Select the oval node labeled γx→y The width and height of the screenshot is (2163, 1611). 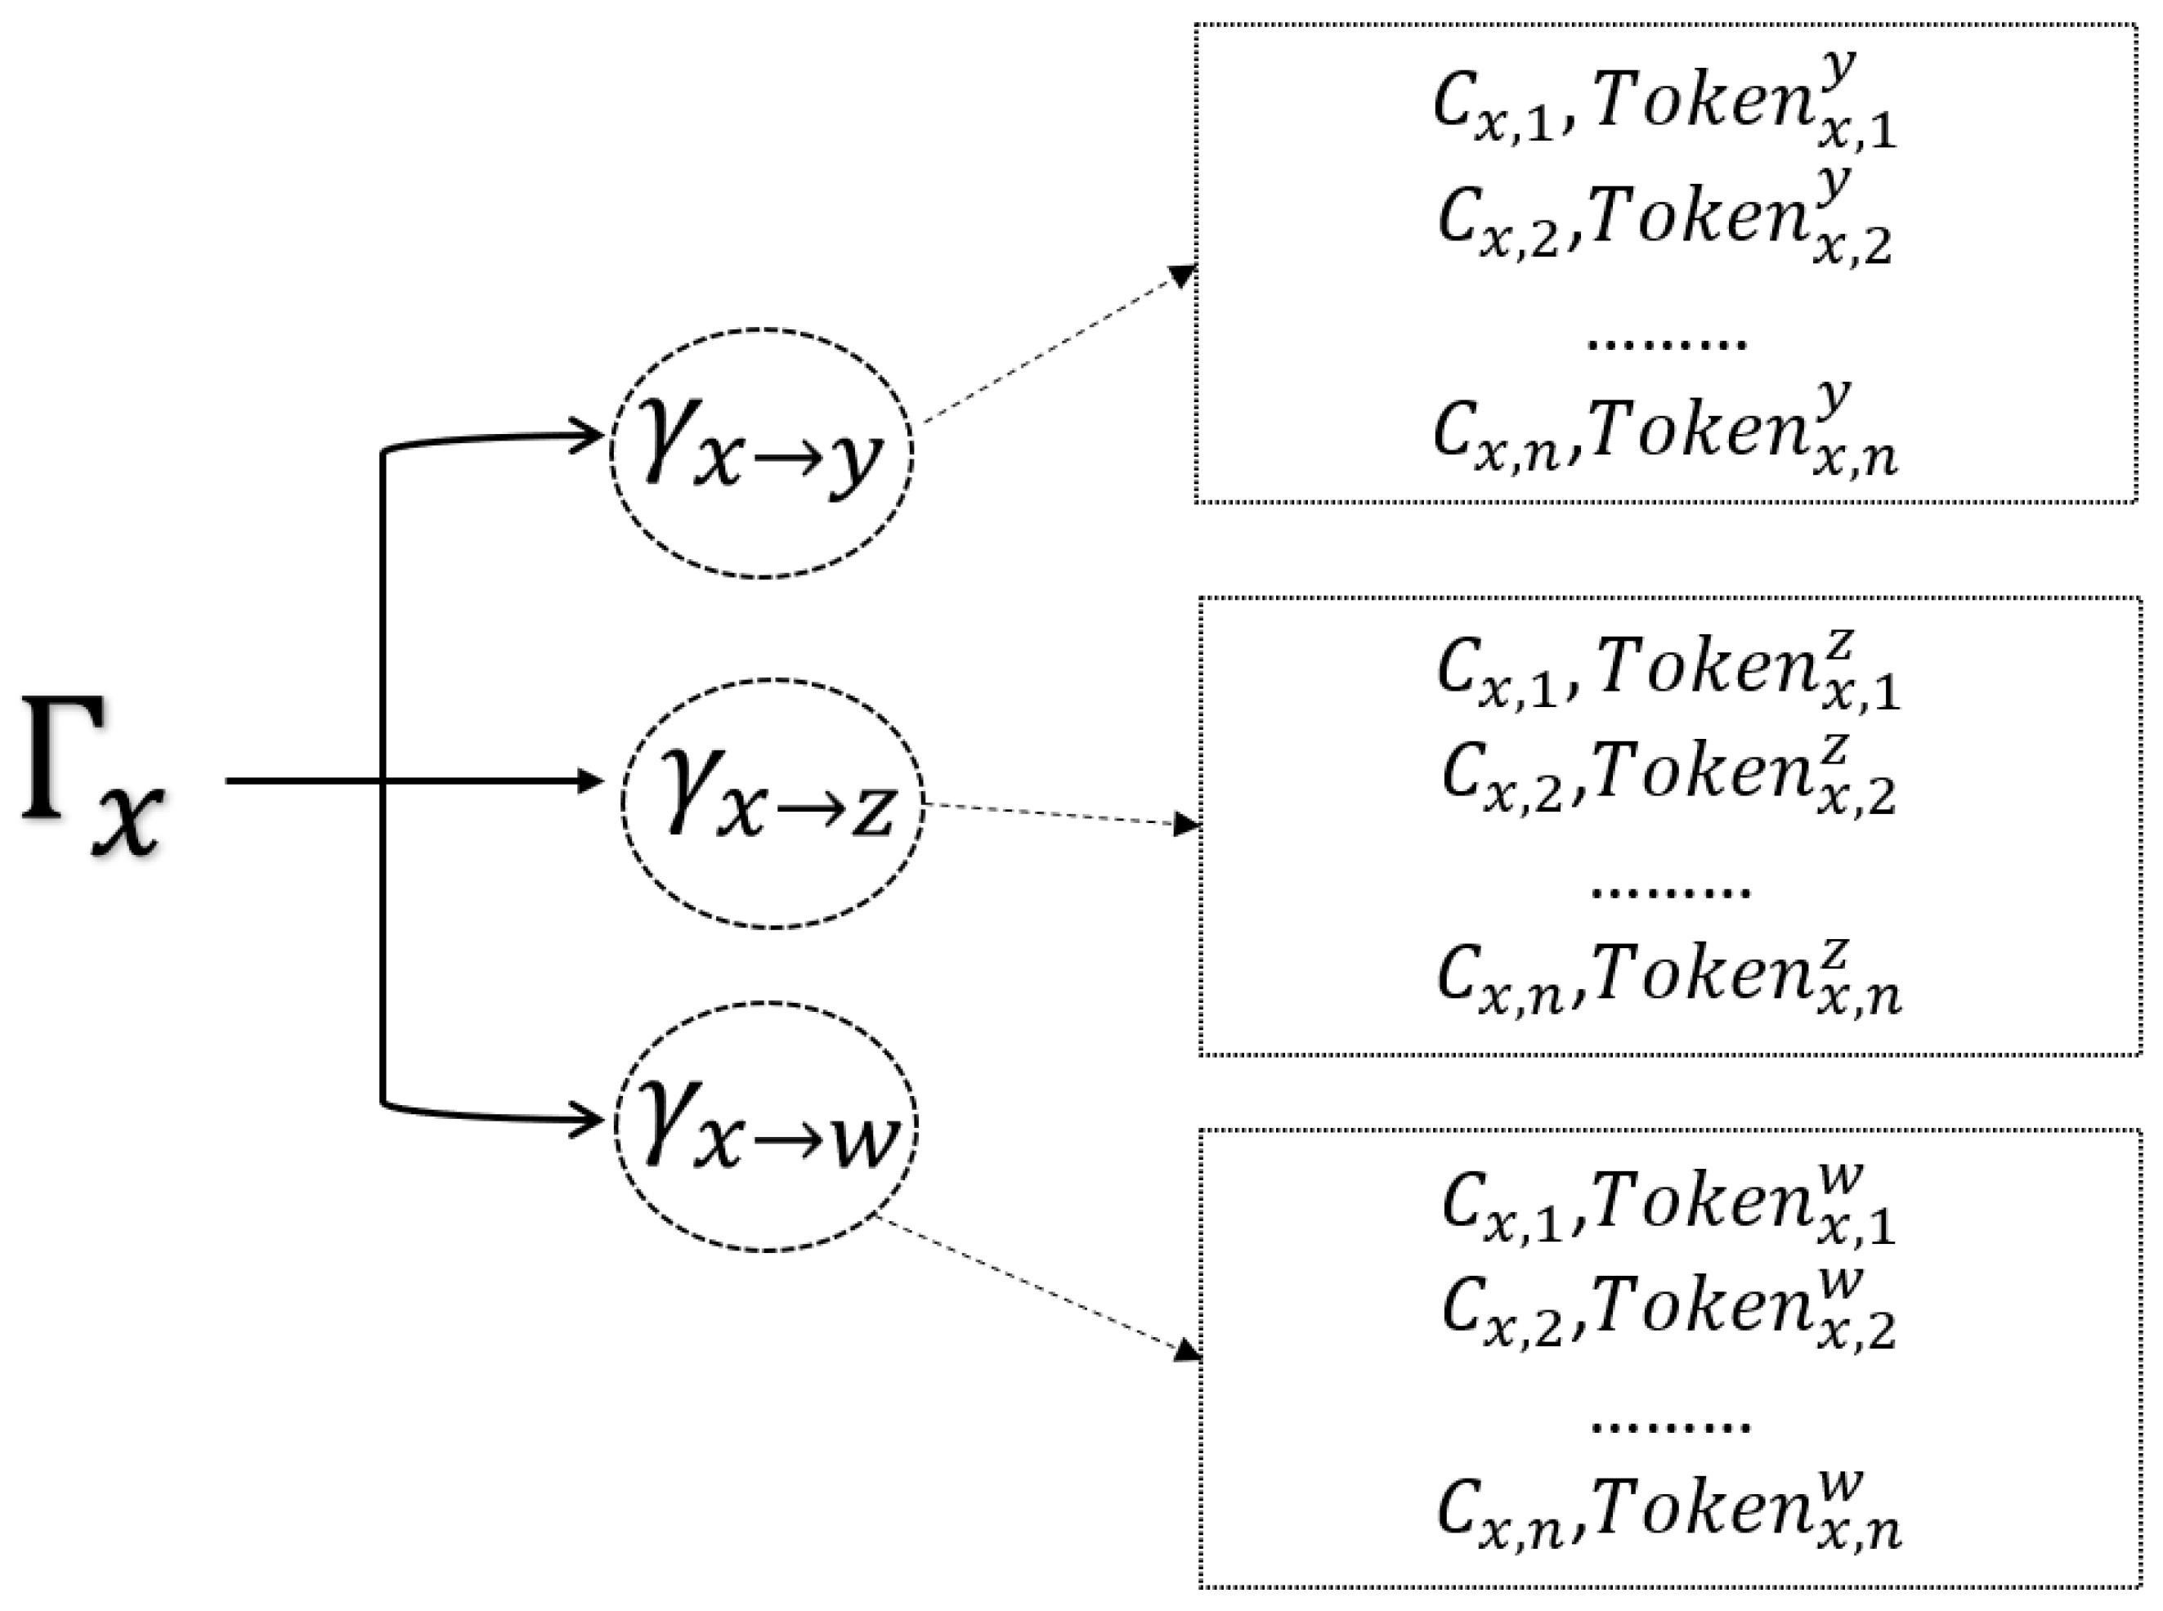click(762, 454)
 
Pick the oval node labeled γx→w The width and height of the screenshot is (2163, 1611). click(765, 1126)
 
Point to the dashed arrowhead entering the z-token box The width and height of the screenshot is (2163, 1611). click(1186, 824)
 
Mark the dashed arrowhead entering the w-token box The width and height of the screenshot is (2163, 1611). click(1186, 1349)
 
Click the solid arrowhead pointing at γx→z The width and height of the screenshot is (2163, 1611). click(589, 780)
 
